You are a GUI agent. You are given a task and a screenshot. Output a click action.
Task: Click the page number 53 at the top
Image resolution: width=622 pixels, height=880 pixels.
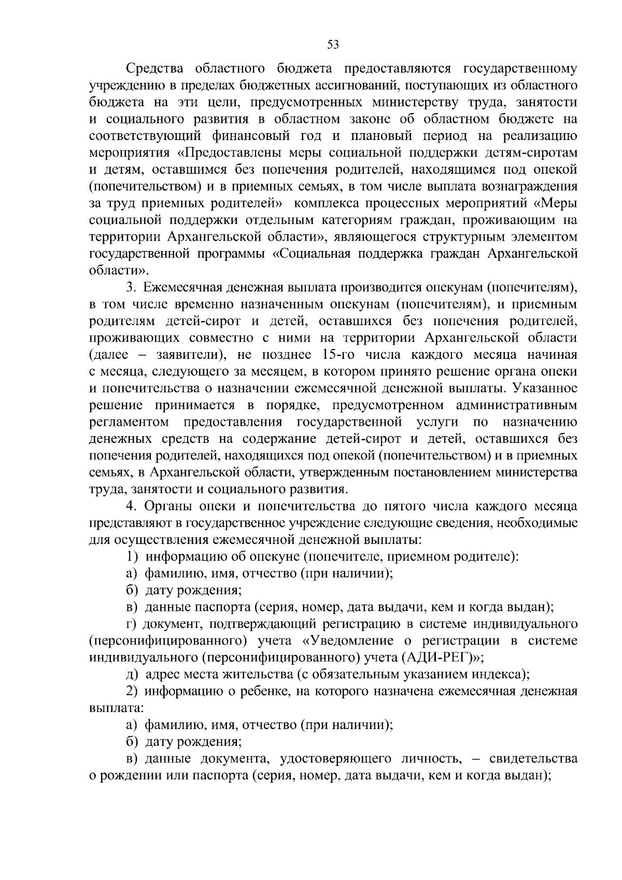click(x=333, y=45)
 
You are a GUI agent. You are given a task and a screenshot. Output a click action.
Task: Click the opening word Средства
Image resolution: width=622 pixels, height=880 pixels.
click(x=155, y=69)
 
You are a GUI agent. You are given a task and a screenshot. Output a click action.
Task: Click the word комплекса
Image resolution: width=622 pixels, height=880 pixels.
click(x=325, y=203)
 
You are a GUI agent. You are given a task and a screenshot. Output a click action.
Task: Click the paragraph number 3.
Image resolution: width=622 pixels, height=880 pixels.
click(x=131, y=287)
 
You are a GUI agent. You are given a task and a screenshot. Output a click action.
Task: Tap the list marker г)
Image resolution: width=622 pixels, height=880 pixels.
click(x=132, y=624)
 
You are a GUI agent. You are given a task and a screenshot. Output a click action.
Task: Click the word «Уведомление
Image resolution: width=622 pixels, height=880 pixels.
click(x=354, y=641)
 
